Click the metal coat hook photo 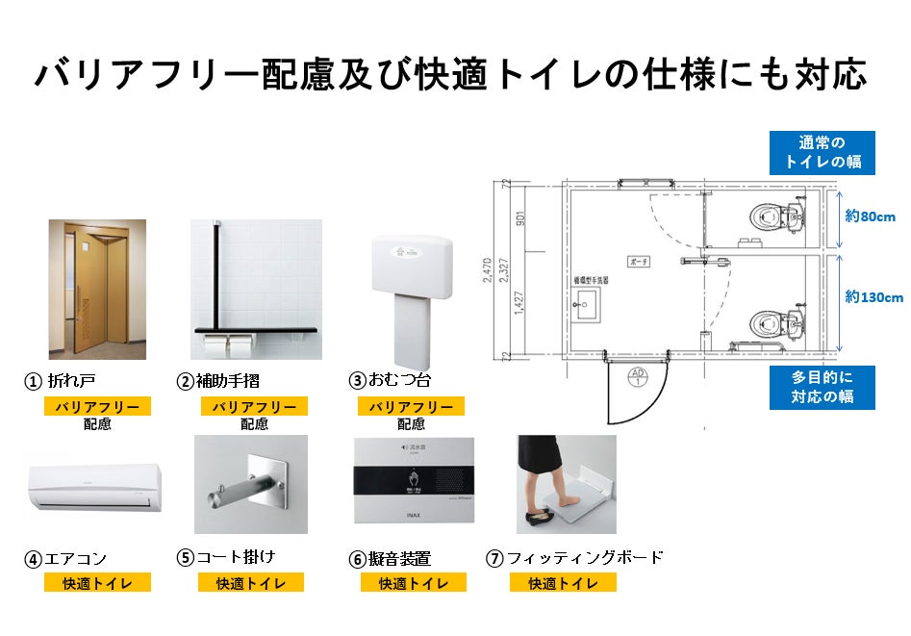(250, 485)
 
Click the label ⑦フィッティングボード (574, 557)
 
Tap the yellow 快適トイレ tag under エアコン (97, 582)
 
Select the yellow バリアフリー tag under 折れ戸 (97, 407)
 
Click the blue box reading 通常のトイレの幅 (822, 152)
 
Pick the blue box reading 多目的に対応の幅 (822, 386)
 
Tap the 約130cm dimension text (873, 297)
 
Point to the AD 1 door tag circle (635, 377)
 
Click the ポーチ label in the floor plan (641, 261)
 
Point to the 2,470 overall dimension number (488, 272)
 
